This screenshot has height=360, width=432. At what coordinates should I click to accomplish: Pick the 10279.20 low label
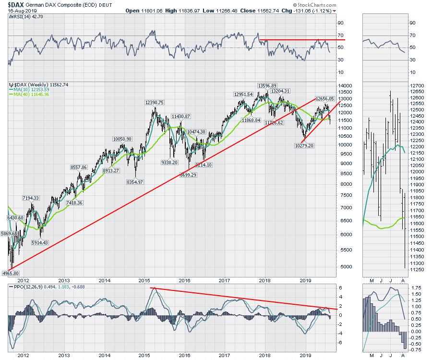[x=304, y=145]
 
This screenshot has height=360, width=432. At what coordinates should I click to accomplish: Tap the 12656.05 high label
[x=324, y=98]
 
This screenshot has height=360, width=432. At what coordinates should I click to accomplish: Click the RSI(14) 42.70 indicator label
[x=23, y=16]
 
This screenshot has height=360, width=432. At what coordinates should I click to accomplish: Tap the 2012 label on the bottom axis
[x=24, y=355]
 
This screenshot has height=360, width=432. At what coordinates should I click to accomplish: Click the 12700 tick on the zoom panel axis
[x=417, y=85]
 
